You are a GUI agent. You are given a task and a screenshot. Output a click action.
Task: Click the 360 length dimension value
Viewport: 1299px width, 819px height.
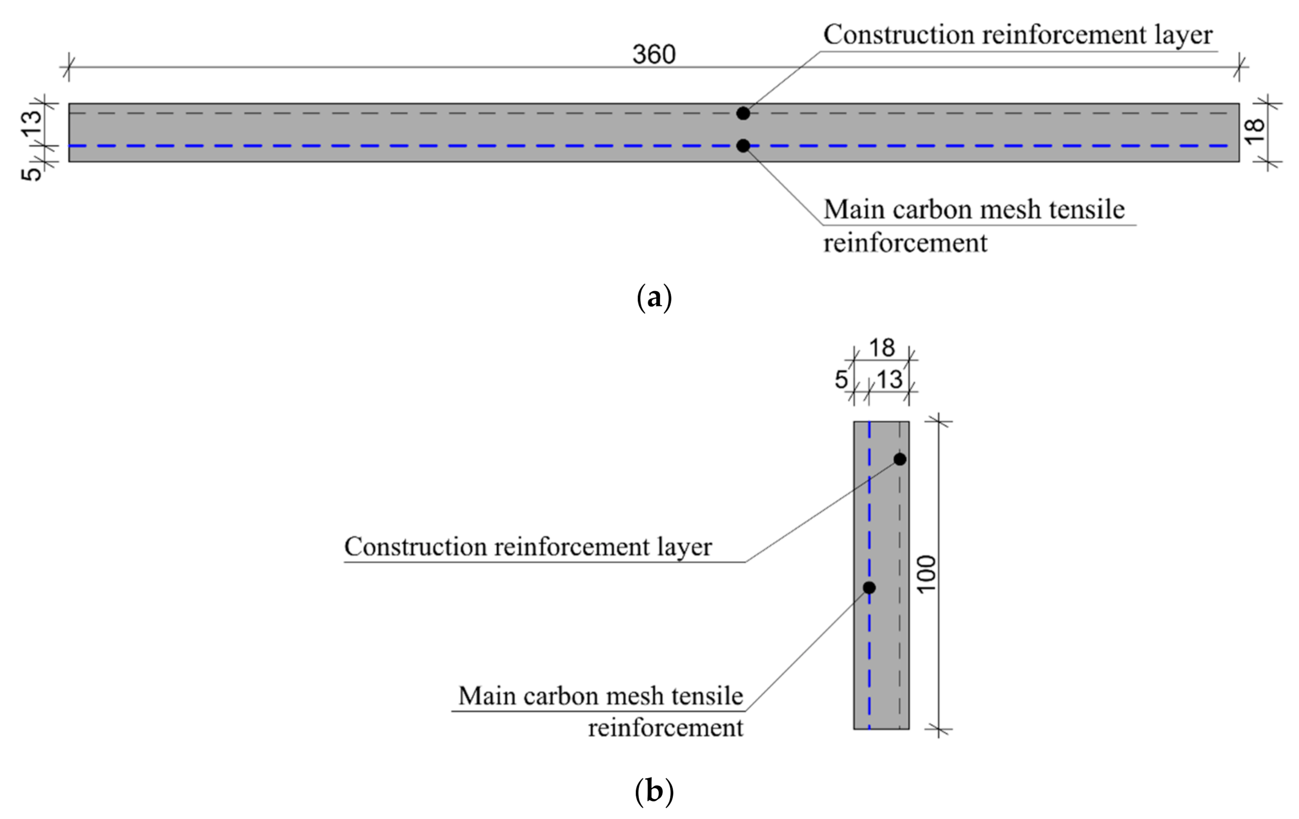[653, 54]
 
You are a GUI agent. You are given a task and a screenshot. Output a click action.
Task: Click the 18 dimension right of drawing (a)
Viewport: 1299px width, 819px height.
[1255, 131]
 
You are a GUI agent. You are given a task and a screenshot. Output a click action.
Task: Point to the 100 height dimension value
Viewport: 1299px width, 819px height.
[927, 575]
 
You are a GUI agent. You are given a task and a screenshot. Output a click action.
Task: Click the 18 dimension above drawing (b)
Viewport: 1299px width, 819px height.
[882, 348]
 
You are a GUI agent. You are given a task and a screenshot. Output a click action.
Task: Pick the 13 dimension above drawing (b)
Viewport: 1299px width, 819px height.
[889, 380]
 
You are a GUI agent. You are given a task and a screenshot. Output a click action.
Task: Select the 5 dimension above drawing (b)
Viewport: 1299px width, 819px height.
[841, 380]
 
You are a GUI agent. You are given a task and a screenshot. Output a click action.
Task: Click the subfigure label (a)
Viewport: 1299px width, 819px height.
[654, 297]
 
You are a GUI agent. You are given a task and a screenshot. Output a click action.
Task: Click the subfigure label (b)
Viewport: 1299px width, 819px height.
[654, 791]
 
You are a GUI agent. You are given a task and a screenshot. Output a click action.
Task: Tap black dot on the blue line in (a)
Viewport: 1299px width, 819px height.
[743, 146]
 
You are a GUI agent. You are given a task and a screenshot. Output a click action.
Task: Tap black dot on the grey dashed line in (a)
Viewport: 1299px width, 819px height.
[743, 113]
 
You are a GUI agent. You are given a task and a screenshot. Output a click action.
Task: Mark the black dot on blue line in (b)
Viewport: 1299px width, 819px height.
[869, 587]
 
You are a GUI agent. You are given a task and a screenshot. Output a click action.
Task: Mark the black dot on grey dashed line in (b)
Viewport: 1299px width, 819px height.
[900, 459]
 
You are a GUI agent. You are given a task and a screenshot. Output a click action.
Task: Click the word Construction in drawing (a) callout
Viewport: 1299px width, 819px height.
[898, 35]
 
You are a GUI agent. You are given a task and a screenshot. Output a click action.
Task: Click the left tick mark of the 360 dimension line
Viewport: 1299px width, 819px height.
[68, 67]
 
